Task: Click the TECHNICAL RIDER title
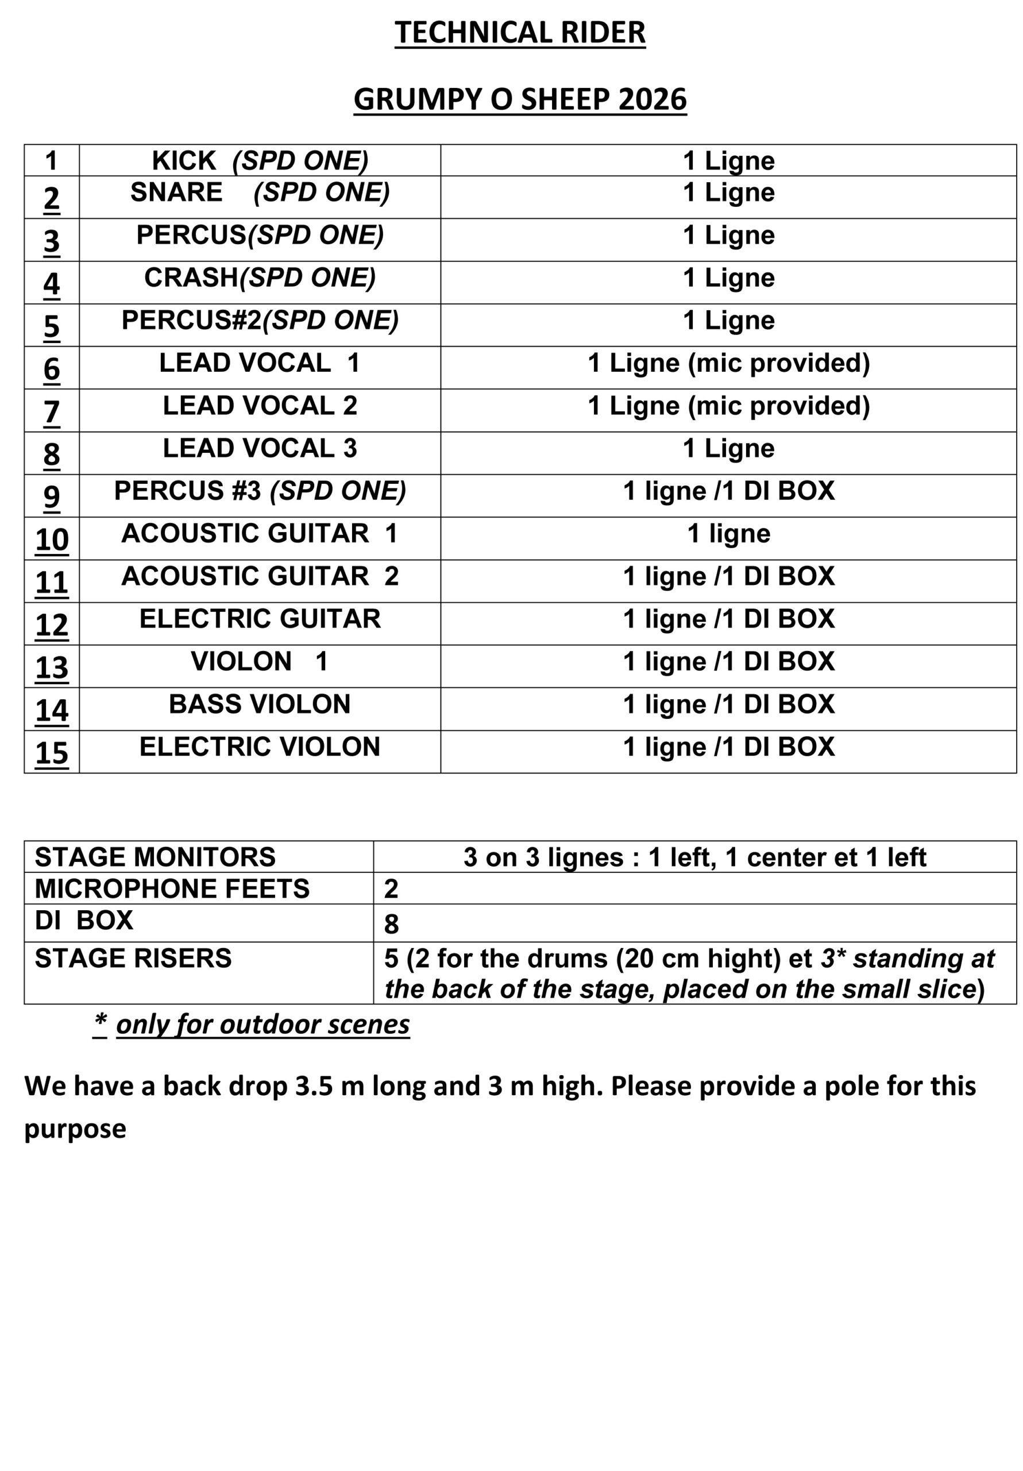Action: [x=519, y=33]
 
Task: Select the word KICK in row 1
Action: [x=184, y=161]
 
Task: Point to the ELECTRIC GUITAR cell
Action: [x=260, y=619]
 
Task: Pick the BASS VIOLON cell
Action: [x=260, y=704]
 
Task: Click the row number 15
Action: [x=51, y=753]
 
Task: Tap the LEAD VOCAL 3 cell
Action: [x=260, y=448]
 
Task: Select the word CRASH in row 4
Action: [x=191, y=278]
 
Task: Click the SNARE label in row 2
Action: [x=176, y=192]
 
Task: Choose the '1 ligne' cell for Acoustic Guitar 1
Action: [x=728, y=534]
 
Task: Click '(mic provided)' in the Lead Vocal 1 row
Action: [x=778, y=363]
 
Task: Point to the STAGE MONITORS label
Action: [x=155, y=857]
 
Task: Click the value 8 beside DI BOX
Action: [x=391, y=924]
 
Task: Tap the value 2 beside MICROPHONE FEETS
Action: [x=391, y=888]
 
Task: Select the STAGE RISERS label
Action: [x=133, y=958]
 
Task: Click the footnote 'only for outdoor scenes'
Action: [x=262, y=1025]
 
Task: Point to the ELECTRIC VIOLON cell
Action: [x=260, y=747]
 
